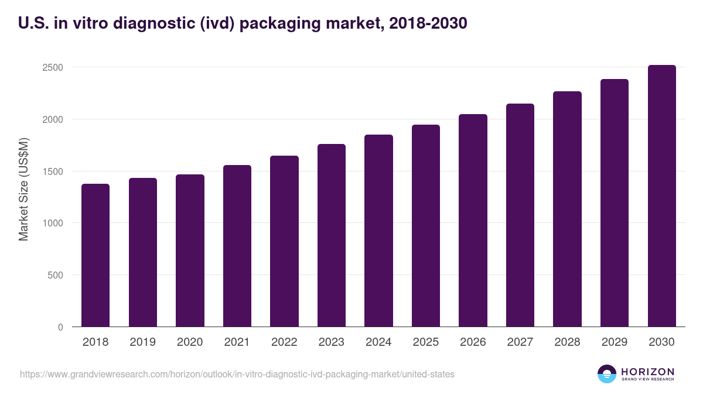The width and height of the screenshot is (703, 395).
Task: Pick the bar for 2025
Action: point(425,226)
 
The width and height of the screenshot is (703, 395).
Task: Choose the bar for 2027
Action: point(520,215)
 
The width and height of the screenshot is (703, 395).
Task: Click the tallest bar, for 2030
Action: point(661,196)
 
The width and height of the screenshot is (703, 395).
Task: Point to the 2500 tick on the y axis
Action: point(53,67)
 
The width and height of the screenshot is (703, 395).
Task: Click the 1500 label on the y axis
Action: point(53,171)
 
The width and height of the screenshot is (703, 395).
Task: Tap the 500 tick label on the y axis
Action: point(55,275)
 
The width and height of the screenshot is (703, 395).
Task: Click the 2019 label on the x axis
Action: point(142,342)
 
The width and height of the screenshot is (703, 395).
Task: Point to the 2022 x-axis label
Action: point(284,342)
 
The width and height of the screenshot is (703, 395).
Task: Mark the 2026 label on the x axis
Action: point(473,342)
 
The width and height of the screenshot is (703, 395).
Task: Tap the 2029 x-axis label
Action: point(615,342)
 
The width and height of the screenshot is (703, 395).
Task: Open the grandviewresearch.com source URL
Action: point(237,374)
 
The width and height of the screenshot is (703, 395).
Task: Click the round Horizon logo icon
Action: point(606,374)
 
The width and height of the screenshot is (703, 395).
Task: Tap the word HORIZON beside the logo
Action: point(647,371)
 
